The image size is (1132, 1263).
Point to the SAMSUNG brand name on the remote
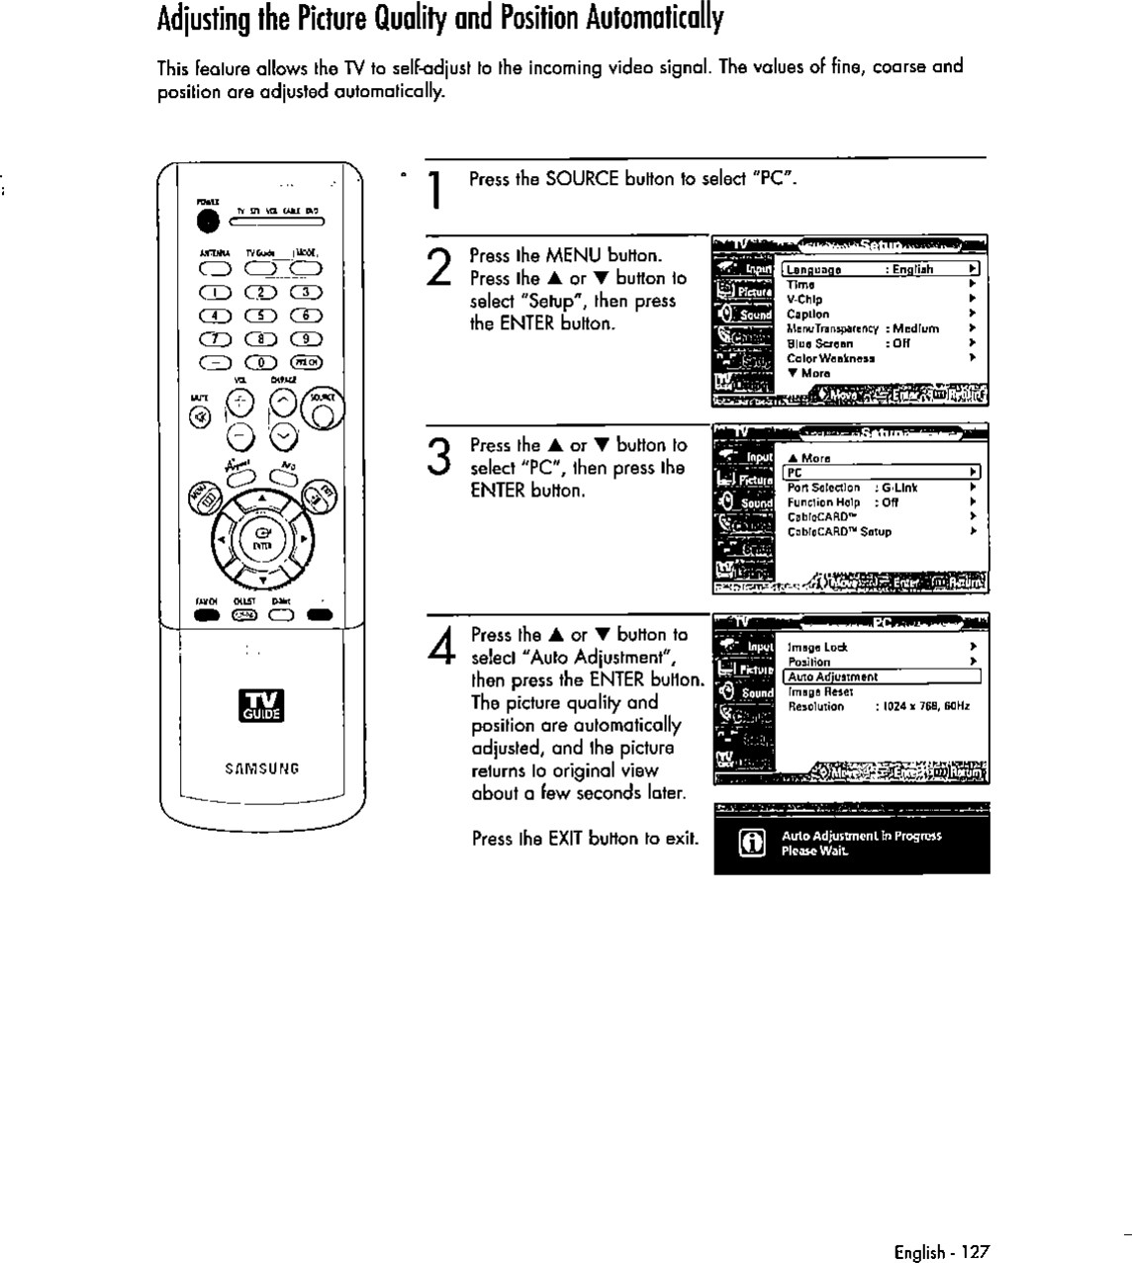point(261,768)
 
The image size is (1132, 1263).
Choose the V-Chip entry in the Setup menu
point(804,299)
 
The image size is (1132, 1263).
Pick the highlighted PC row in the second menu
point(881,473)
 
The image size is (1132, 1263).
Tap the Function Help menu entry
point(823,502)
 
